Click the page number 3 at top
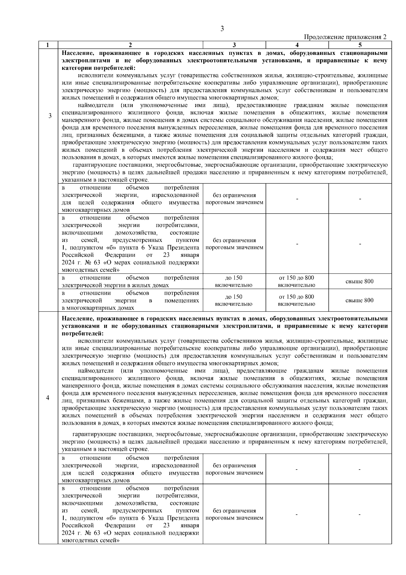point(222,29)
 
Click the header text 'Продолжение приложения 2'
point(345,37)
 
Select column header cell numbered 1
point(48,45)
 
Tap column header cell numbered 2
point(130,45)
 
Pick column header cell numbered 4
point(297,45)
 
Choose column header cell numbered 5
point(360,45)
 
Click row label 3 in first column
point(50,116)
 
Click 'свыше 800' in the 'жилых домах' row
point(360,282)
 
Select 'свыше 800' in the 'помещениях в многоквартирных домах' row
point(360,301)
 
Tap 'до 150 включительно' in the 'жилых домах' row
point(234,282)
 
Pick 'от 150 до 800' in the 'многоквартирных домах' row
point(296,297)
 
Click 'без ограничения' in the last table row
point(234,511)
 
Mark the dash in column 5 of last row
point(360,515)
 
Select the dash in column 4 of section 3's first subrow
point(297,199)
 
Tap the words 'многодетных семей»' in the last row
point(91,540)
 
